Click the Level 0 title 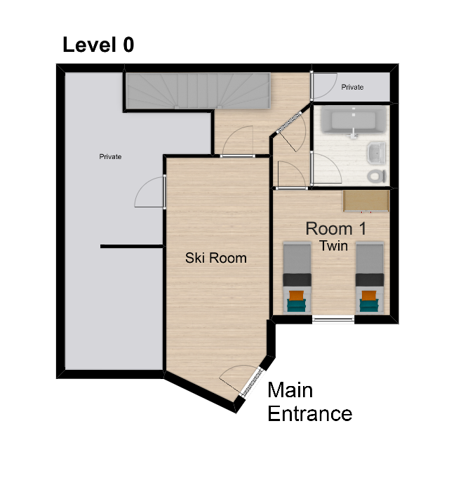pos(98,46)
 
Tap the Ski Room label pos(216,258)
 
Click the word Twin pos(335,246)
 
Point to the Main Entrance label pos(309,401)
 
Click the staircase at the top pos(197,91)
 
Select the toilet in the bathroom pos(377,174)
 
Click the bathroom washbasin pos(376,152)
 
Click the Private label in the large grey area pos(110,157)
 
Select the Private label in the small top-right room pos(352,88)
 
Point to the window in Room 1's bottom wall pos(333,319)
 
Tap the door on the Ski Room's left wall pos(151,192)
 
